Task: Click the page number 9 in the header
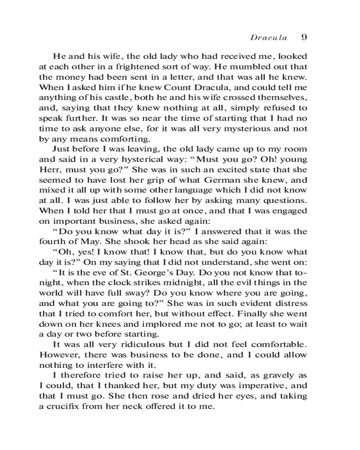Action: (304, 37)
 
